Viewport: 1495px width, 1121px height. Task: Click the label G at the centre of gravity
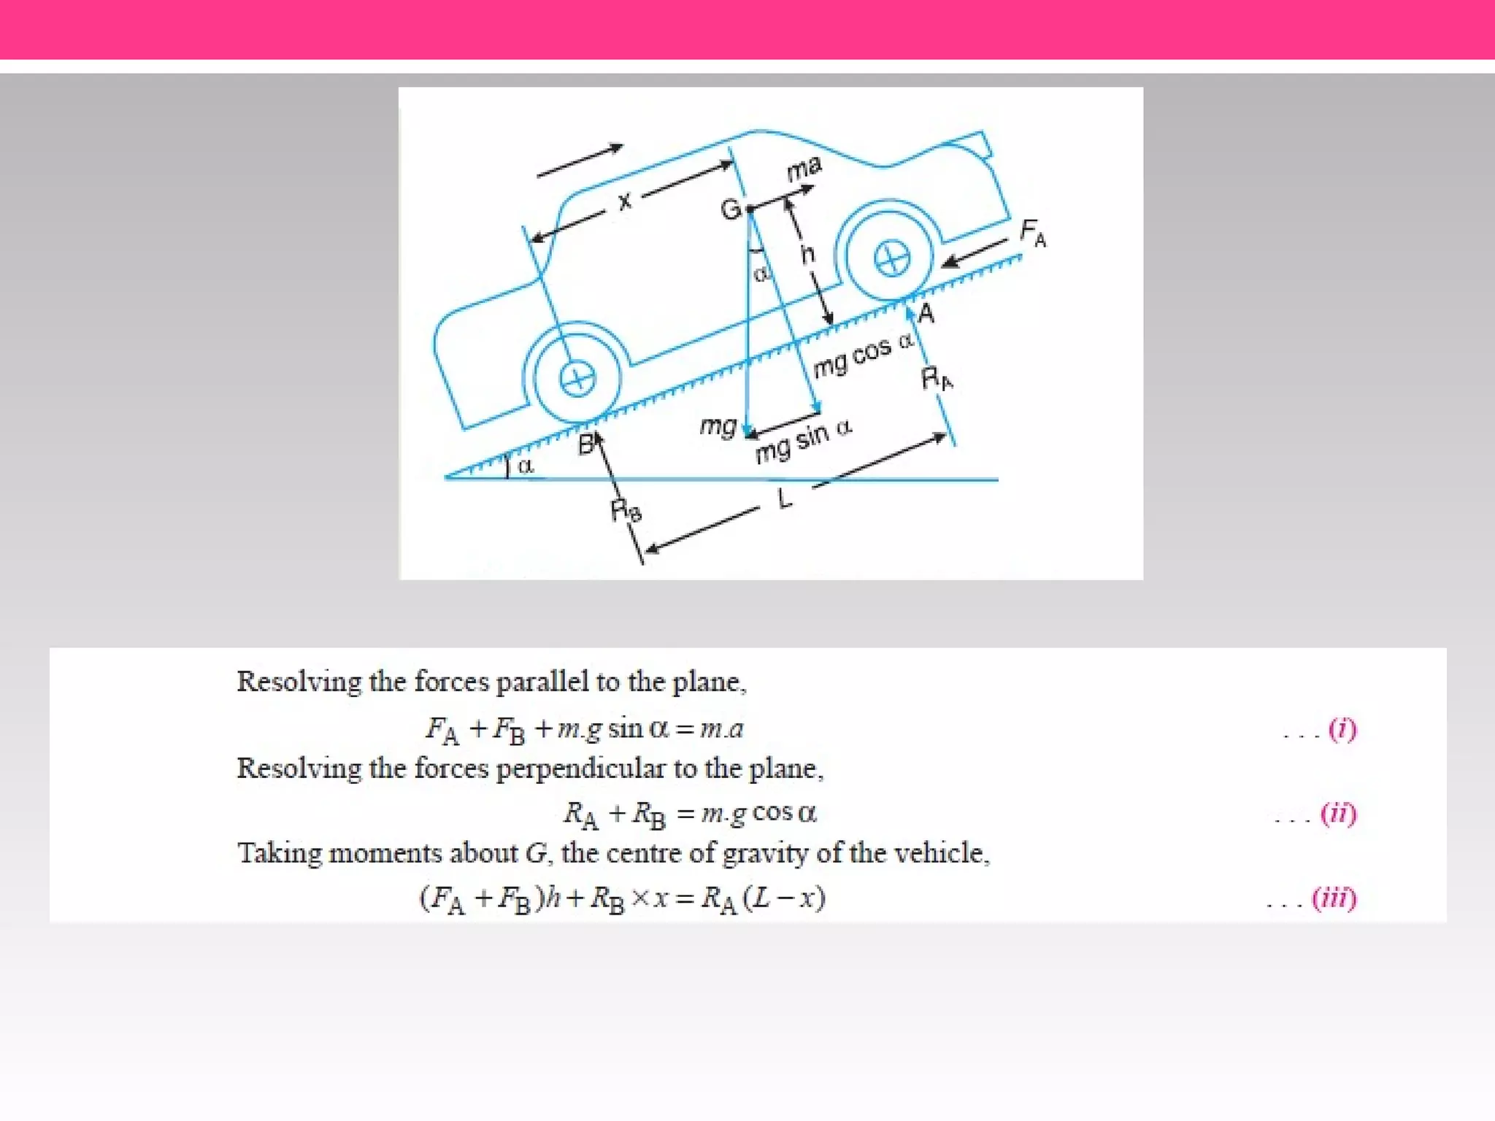(x=731, y=210)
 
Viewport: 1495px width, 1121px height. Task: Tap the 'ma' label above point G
(x=804, y=169)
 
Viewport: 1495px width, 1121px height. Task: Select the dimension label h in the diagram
(x=807, y=254)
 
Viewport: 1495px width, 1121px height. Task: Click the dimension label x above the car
(x=625, y=200)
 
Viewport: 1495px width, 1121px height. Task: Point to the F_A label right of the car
(x=1033, y=233)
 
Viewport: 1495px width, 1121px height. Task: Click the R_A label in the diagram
(x=937, y=379)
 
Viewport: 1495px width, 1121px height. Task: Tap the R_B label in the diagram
(x=626, y=510)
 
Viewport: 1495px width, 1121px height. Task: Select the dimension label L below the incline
(x=785, y=499)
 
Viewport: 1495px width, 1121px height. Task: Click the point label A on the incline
(x=926, y=313)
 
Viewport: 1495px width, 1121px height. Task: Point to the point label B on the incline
(x=586, y=444)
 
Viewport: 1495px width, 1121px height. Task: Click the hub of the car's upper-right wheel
(x=891, y=259)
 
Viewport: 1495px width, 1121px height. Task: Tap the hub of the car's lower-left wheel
(x=577, y=379)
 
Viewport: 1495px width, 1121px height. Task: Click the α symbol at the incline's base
(x=525, y=466)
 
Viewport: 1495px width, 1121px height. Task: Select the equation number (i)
(x=1342, y=728)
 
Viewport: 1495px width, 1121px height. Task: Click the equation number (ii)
(x=1338, y=813)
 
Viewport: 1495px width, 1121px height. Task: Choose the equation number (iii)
(x=1334, y=898)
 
